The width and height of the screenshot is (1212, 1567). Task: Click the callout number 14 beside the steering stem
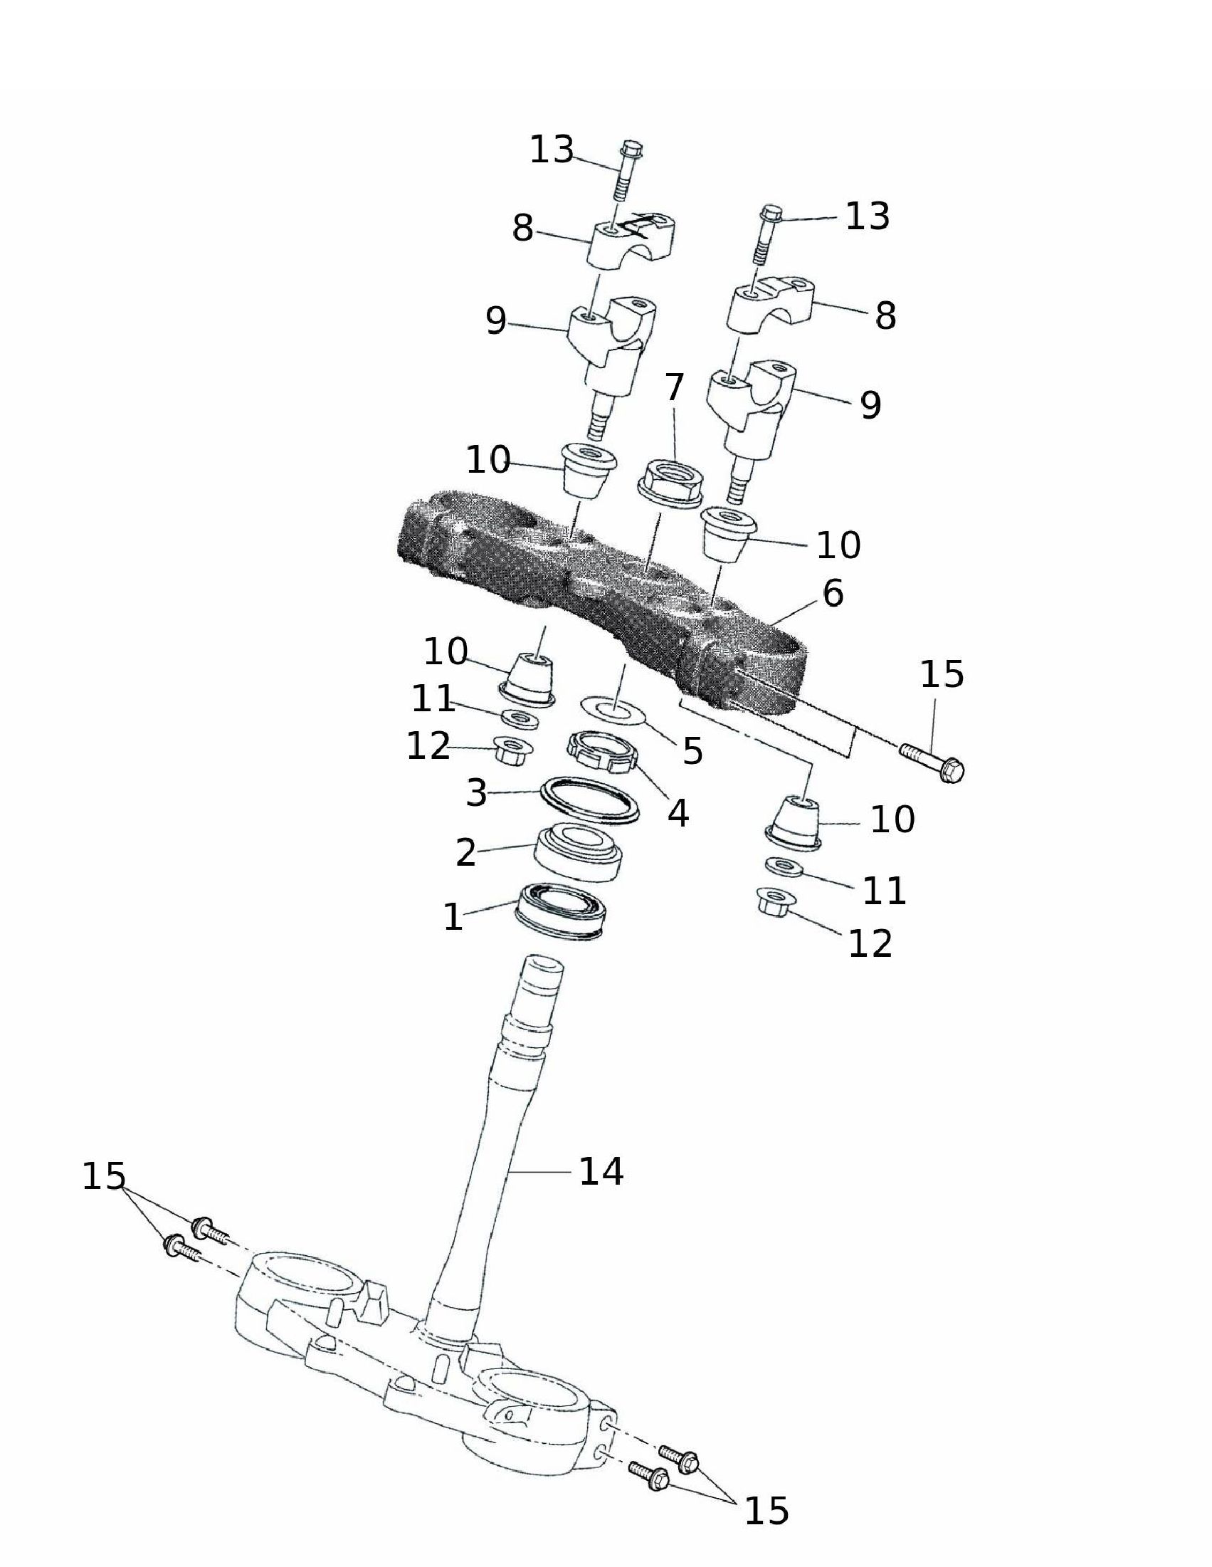coord(601,1172)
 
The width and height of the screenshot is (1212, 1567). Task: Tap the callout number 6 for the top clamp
coord(833,593)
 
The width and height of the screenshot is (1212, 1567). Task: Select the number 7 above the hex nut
coord(674,387)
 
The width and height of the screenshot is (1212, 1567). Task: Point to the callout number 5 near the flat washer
coord(692,750)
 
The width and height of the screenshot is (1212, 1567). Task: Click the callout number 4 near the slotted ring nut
coord(678,813)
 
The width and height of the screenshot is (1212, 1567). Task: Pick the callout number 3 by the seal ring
coord(477,794)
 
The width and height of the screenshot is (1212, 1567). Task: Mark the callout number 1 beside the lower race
coord(453,917)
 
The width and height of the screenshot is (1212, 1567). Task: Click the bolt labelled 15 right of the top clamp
coord(932,762)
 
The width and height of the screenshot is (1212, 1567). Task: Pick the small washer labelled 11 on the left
coord(520,718)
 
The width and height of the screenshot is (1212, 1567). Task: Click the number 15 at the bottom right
coord(766,1511)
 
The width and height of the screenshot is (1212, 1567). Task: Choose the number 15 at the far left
coord(104,1177)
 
